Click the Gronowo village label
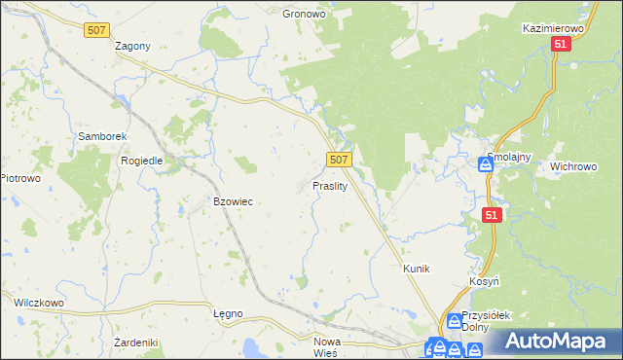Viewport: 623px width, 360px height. pos(302,15)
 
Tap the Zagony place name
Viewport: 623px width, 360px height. pos(132,46)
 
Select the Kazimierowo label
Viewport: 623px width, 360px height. pos(552,30)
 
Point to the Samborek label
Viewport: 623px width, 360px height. pos(98,137)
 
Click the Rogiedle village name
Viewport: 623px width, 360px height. pos(141,161)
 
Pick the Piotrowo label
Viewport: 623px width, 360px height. pos(19,178)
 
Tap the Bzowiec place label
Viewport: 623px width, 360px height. pos(233,201)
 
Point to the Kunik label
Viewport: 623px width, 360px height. pos(416,268)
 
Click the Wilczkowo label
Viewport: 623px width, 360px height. pos(38,303)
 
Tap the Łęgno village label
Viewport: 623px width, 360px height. pos(227,314)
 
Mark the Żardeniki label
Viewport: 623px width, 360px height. pos(135,342)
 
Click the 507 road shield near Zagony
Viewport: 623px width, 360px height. pos(96,31)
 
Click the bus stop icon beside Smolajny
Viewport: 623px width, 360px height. pos(486,164)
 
